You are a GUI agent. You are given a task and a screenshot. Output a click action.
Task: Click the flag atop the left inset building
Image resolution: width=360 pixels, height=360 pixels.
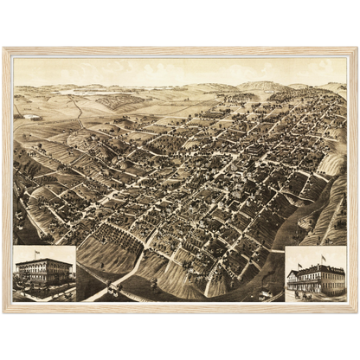coord(36,253)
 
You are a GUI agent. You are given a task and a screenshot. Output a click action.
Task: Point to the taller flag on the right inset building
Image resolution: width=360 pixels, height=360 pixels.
coord(324,257)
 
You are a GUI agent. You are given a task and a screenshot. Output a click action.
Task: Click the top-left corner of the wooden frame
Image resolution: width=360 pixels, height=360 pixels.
coord(4,48)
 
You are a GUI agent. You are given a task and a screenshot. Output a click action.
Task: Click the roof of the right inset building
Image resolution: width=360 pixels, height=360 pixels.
coord(317,269)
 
